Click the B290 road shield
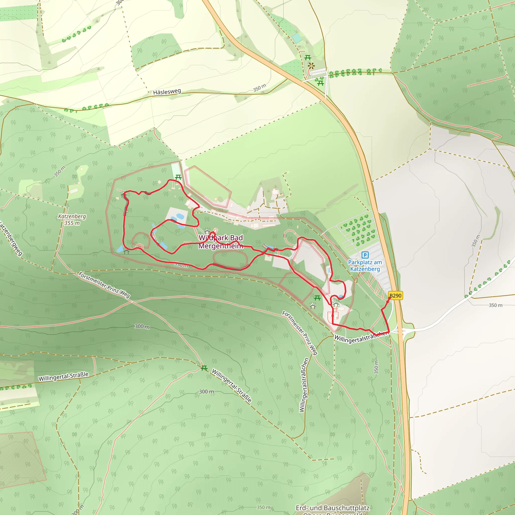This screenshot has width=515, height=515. tap(395, 296)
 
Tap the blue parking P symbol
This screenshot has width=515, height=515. tap(365, 255)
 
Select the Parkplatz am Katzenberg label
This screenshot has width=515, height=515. tap(365, 266)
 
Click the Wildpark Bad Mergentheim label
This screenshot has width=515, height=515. tap(221, 242)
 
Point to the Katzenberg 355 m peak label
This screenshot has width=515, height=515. tap(72, 220)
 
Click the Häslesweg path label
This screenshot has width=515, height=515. tap(167, 92)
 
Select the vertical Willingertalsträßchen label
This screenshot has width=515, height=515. tap(304, 385)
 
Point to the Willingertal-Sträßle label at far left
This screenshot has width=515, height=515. tap(63, 376)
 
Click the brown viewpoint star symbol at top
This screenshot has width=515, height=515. tap(311, 65)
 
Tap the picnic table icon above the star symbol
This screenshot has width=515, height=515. tap(308, 57)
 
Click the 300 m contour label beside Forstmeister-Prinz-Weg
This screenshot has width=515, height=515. tap(142, 327)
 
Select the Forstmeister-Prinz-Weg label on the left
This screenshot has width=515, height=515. tap(104, 285)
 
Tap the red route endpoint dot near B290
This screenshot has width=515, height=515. tap(390, 298)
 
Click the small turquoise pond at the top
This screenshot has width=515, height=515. tap(297, 38)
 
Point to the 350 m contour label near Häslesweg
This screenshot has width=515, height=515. tap(259, 88)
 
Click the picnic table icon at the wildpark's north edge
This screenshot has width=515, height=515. tap(178, 177)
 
